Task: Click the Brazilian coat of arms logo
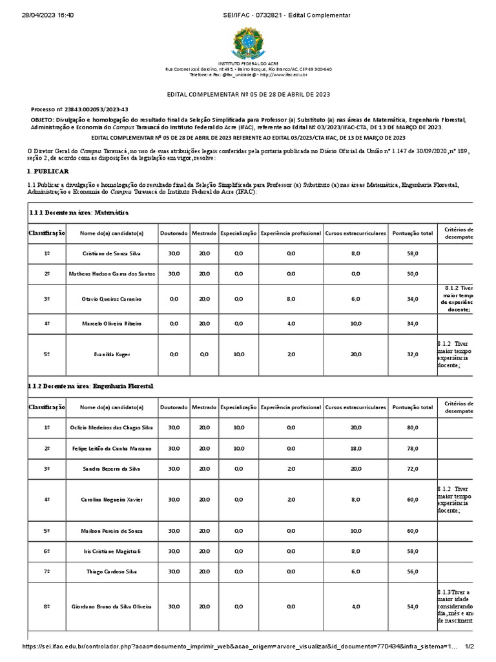tap(247, 43)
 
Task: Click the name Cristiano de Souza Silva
tap(112, 254)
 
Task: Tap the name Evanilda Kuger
tap(112, 354)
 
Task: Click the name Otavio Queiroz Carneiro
tap(112, 299)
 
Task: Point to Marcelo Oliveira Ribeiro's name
tap(112, 323)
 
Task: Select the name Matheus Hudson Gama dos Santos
tap(112, 274)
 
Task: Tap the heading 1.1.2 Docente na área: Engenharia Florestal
tap(90, 386)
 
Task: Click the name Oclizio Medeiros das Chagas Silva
tap(112, 428)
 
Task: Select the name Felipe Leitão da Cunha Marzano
tap(112, 448)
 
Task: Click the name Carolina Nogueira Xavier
tap(112, 500)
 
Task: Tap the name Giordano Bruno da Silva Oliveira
tap(112, 606)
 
